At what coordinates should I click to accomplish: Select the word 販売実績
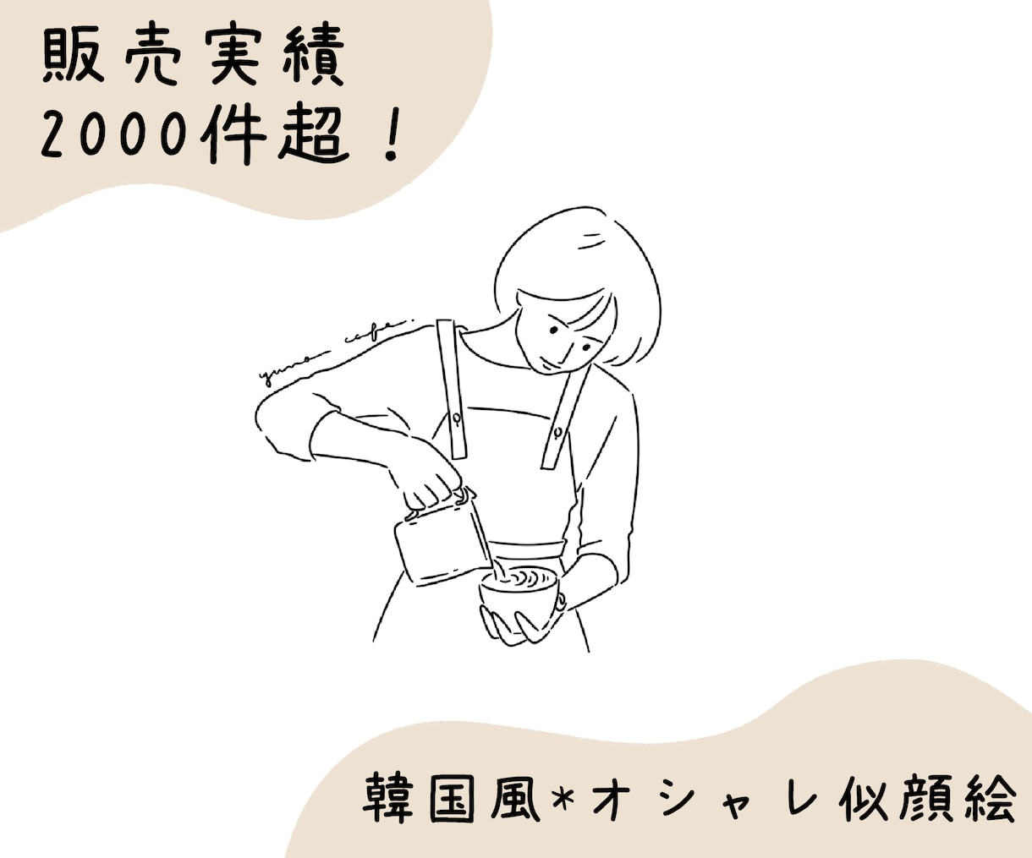tap(193, 57)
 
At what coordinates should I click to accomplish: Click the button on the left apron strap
tap(455, 418)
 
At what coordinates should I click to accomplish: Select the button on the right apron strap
tap(558, 431)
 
